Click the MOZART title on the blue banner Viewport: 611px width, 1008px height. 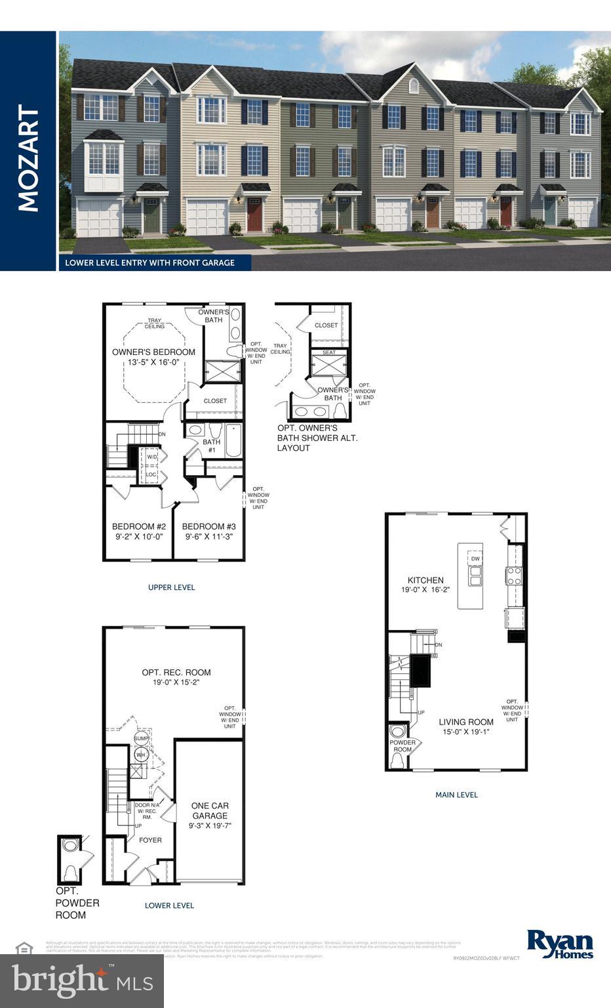(x=28, y=158)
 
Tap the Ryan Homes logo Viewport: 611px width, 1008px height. (x=560, y=944)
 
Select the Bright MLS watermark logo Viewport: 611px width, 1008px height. (x=82, y=980)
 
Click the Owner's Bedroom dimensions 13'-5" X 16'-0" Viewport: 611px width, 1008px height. (x=153, y=362)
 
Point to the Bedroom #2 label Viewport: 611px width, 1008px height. (x=138, y=526)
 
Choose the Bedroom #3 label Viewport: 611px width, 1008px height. (x=208, y=526)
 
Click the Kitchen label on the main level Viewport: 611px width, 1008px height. (x=425, y=580)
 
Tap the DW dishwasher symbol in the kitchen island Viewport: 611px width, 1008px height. (x=475, y=558)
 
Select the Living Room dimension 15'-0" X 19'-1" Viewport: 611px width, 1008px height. (x=466, y=732)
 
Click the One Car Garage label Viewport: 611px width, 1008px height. (x=210, y=810)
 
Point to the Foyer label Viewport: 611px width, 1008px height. (x=150, y=840)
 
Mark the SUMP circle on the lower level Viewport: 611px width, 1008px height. (x=141, y=739)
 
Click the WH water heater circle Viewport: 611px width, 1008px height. (x=140, y=755)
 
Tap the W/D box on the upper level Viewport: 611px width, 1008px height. (x=151, y=457)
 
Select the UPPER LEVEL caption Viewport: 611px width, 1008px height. (x=171, y=587)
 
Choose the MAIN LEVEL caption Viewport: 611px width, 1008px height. (x=456, y=795)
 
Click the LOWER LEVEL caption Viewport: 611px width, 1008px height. (x=169, y=906)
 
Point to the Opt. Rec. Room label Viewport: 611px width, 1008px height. (x=176, y=672)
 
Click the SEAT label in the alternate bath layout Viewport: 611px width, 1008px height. (x=329, y=352)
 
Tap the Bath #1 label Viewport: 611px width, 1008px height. (x=211, y=446)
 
